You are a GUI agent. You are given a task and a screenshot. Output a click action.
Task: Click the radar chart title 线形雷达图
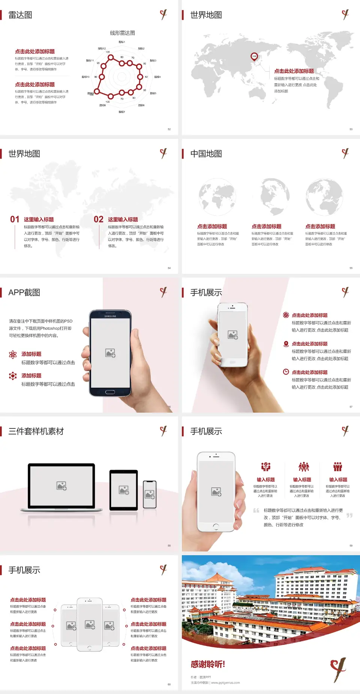click(x=122, y=33)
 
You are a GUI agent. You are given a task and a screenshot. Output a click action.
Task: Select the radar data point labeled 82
click(x=140, y=77)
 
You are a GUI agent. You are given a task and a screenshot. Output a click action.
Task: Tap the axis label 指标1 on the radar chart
click(x=121, y=42)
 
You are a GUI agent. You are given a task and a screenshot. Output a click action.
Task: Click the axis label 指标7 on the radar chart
click(x=121, y=112)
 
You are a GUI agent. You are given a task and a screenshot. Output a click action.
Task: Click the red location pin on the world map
click(x=254, y=57)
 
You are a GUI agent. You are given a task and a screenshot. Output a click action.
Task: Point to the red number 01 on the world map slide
click(x=15, y=219)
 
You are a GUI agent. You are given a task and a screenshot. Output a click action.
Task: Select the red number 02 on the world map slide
click(x=99, y=219)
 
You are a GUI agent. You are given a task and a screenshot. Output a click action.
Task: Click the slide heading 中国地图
click(x=206, y=154)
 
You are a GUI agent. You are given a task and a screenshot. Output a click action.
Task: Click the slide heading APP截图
click(x=24, y=293)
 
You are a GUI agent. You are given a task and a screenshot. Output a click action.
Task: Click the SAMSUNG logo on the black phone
click(x=110, y=316)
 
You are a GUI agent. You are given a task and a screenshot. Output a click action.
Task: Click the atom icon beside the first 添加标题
click(x=13, y=355)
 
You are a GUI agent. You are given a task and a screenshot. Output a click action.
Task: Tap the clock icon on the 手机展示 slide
click(x=286, y=372)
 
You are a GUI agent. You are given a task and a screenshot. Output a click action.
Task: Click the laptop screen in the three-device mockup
click(x=61, y=486)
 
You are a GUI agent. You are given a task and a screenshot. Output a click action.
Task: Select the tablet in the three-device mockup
click(x=124, y=490)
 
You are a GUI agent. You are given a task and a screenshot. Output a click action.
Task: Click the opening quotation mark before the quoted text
click(x=256, y=511)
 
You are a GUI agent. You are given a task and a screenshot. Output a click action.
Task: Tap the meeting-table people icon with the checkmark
click(x=266, y=467)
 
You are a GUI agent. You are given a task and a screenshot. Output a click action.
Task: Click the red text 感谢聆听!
click(x=208, y=664)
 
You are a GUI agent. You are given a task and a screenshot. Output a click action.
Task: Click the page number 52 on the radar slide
click(x=169, y=129)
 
